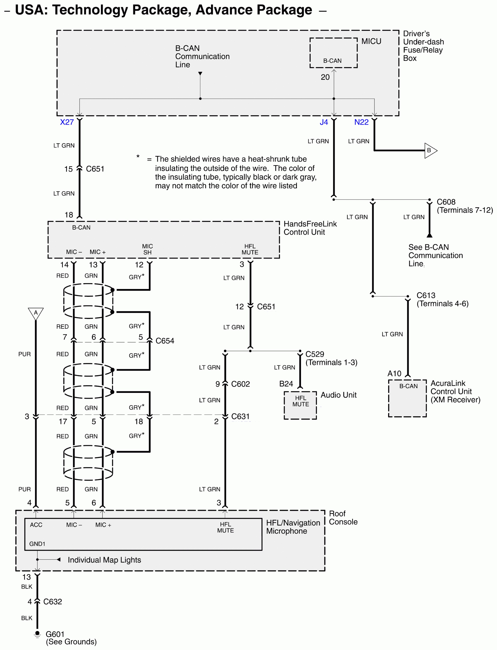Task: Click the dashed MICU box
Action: click(333, 53)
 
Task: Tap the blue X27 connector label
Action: click(67, 122)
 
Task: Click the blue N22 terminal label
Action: click(361, 122)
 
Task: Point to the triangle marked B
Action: click(430, 150)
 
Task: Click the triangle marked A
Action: click(36, 313)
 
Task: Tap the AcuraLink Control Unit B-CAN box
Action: click(407, 398)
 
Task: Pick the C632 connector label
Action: click(53, 602)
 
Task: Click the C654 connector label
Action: click(165, 341)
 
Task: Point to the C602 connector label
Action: click(240, 384)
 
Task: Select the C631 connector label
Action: click(240, 417)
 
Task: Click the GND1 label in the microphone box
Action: click(37, 544)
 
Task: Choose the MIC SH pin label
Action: click(147, 249)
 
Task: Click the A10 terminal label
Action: click(394, 374)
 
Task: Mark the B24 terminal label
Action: click(286, 384)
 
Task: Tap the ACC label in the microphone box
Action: click(36, 525)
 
